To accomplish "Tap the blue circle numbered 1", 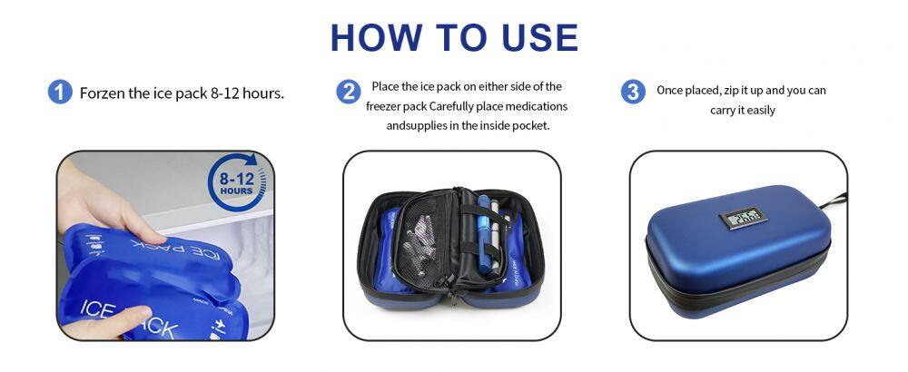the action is (60, 93).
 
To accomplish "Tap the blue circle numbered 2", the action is (349, 92).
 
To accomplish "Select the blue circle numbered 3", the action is (633, 92).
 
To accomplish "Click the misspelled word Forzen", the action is (102, 93).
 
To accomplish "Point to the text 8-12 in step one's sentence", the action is (224, 93).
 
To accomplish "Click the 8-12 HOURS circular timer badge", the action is (237, 181).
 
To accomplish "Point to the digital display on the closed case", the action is (743, 219).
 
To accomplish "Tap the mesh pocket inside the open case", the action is (426, 242).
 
